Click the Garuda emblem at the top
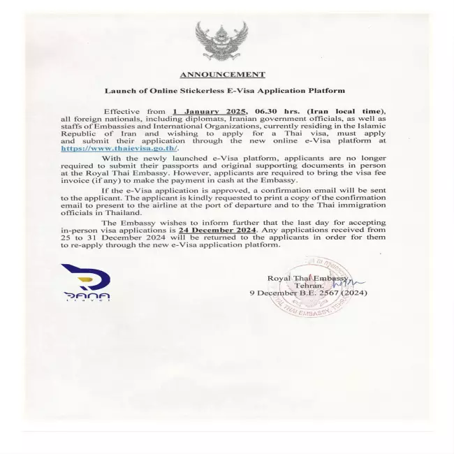[x=222, y=41]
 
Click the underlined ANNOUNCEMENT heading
[x=222, y=74]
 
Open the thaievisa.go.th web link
[x=119, y=148]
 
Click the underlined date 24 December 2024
[x=217, y=229]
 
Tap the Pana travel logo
[x=85, y=283]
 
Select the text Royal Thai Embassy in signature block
[x=308, y=278]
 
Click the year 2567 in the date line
[x=329, y=293]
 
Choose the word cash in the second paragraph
[x=231, y=181]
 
